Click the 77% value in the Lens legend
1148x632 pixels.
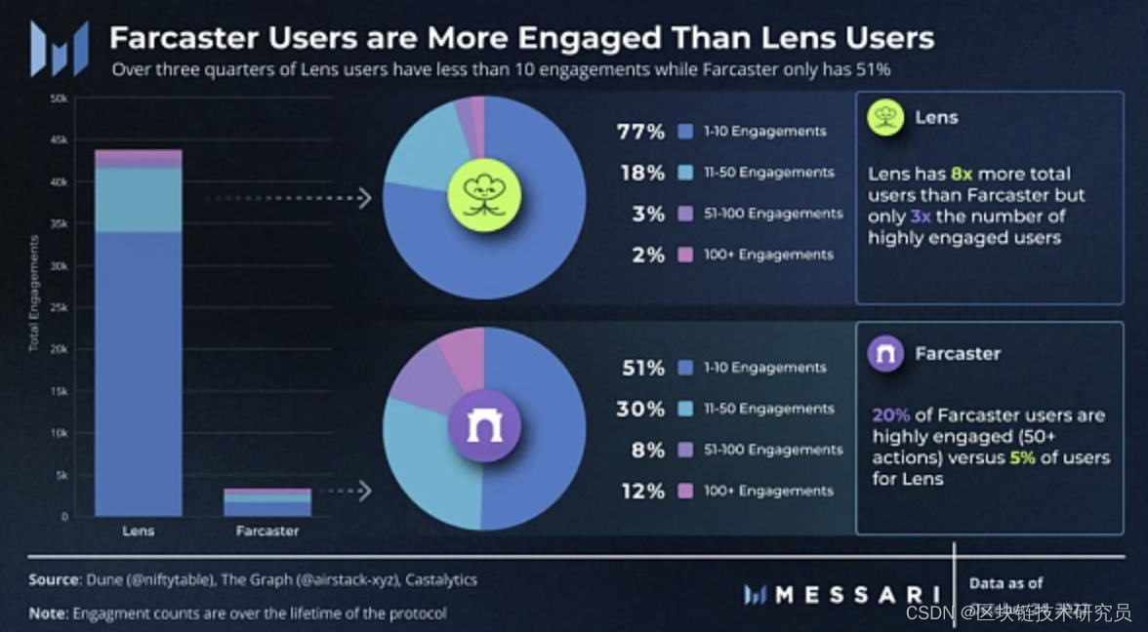click(640, 132)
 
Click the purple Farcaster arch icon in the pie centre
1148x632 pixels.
click(484, 426)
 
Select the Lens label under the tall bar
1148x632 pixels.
click(138, 532)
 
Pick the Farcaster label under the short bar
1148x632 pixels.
click(267, 532)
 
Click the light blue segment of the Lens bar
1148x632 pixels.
click(138, 200)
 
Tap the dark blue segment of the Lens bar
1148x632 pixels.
click(138, 371)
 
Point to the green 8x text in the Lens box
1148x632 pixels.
click(962, 174)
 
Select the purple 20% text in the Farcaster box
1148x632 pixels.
click(890, 415)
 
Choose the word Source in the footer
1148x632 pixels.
click(53, 579)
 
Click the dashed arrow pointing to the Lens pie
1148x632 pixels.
click(283, 199)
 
